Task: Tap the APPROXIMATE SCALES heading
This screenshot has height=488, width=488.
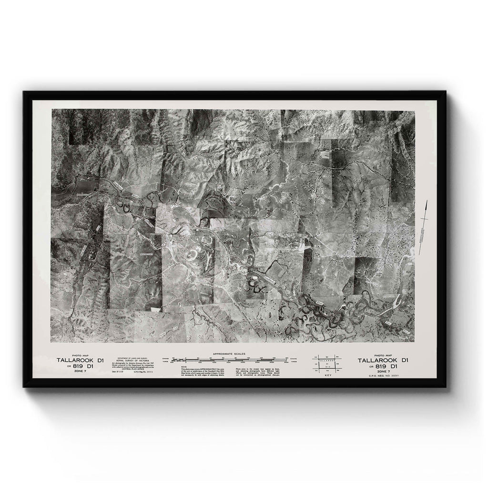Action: tap(230, 355)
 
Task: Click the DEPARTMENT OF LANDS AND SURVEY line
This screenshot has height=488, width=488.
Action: tap(130, 357)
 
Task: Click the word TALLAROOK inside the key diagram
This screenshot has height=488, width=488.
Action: tap(327, 361)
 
